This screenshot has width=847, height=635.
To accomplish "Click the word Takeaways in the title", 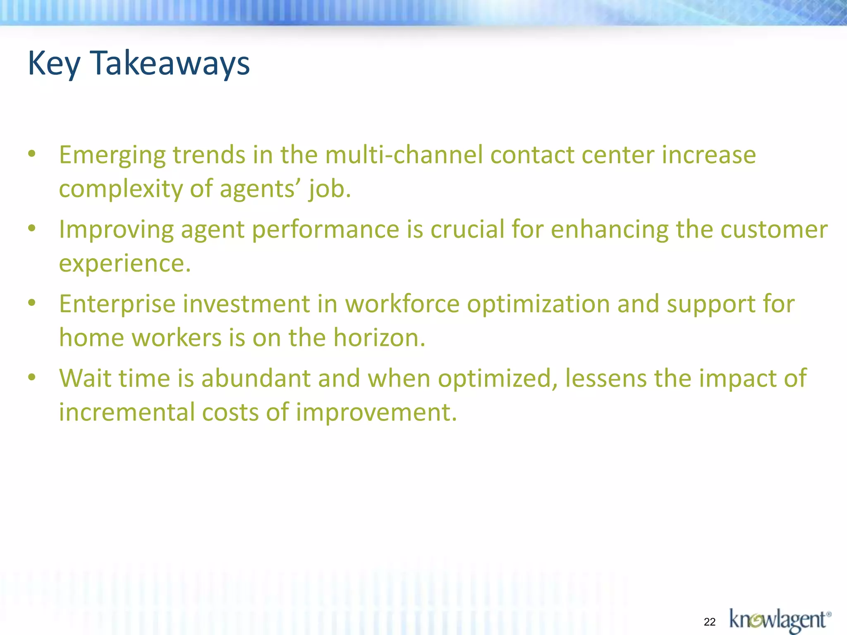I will click(x=170, y=63).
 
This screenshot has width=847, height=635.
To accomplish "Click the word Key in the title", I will click(x=53, y=63).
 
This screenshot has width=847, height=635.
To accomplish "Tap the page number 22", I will click(x=710, y=622).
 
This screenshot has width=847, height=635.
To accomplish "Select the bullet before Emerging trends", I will click(x=32, y=154).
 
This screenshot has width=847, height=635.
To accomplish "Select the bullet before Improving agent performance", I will click(x=32, y=229).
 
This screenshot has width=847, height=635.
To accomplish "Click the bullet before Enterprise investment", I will click(x=32, y=303).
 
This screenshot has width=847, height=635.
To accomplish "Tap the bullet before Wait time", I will click(x=32, y=377).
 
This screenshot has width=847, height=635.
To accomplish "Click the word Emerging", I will click(x=112, y=156).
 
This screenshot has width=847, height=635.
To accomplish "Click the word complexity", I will click(x=120, y=190).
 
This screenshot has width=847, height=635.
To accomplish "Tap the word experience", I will click(x=124, y=264).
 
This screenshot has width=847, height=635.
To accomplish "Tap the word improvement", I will click(x=376, y=413).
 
